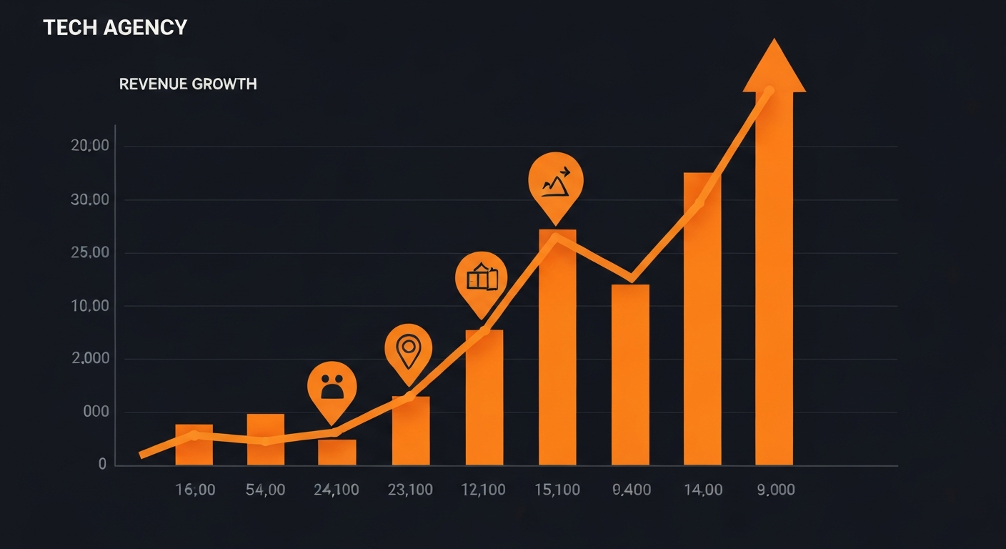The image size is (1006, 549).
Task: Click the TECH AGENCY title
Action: (x=115, y=28)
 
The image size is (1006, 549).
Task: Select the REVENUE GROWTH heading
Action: (x=188, y=84)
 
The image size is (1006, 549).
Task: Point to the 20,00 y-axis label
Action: (x=90, y=147)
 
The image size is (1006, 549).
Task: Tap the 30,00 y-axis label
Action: (x=90, y=200)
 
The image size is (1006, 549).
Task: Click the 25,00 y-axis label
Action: (x=90, y=253)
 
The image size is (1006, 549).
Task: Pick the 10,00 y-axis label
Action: (x=90, y=306)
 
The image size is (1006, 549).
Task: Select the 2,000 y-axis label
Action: (x=90, y=359)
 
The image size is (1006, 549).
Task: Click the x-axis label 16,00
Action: (x=194, y=490)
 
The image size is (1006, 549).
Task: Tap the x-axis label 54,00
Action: (x=265, y=490)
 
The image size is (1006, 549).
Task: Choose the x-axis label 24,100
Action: (x=337, y=490)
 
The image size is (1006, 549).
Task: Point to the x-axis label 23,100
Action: (x=410, y=490)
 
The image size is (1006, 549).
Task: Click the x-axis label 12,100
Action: (x=483, y=490)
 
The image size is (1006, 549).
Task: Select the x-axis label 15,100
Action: (x=557, y=490)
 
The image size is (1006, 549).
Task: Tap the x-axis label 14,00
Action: (x=702, y=490)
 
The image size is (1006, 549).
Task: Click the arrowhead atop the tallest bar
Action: (x=774, y=68)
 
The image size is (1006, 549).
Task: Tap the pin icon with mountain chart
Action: (x=556, y=182)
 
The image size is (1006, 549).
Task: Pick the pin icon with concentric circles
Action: (x=408, y=349)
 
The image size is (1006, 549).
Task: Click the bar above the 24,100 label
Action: (x=337, y=452)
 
